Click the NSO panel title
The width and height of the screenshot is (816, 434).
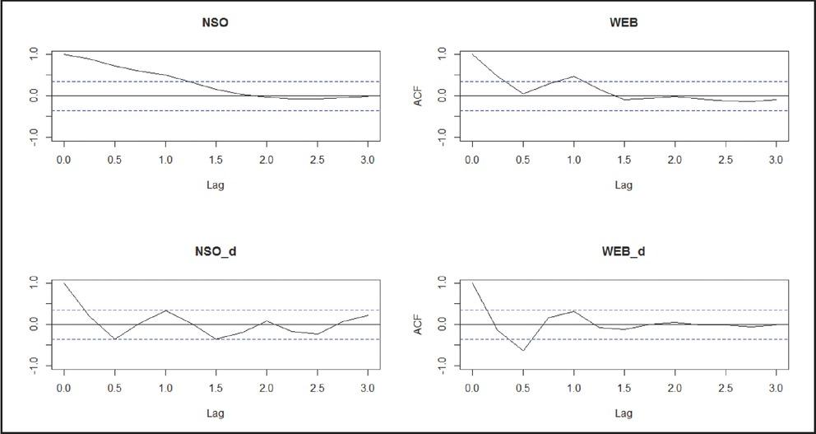pyautogui.click(x=215, y=23)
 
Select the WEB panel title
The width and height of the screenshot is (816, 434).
pyautogui.click(x=624, y=23)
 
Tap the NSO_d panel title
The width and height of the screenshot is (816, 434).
pyautogui.click(x=215, y=253)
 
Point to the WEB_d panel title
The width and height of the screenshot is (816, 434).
pyautogui.click(x=624, y=253)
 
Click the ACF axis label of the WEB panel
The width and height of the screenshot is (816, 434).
pyautogui.click(x=418, y=96)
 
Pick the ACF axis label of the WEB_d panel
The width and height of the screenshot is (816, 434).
pyautogui.click(x=418, y=324)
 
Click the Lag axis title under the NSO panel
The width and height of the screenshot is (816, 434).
pyautogui.click(x=215, y=185)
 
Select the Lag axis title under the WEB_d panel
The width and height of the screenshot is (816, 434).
pyautogui.click(x=624, y=414)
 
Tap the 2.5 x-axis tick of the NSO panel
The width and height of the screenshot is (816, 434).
pyautogui.click(x=318, y=160)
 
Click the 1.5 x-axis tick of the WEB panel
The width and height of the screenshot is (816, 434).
pyautogui.click(x=624, y=160)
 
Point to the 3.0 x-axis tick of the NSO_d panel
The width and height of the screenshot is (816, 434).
pyautogui.click(x=368, y=389)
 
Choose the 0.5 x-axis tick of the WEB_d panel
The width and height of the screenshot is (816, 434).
pyautogui.click(x=522, y=389)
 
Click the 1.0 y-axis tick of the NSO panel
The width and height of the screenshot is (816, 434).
pyautogui.click(x=35, y=54)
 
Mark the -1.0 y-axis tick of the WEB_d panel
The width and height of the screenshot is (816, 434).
pyautogui.click(x=443, y=365)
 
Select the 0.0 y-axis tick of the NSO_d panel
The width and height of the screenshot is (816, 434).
pyautogui.click(x=35, y=324)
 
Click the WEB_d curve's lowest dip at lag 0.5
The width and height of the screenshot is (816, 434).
pyautogui.click(x=522, y=351)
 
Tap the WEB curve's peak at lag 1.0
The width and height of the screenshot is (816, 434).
pyautogui.click(x=573, y=76)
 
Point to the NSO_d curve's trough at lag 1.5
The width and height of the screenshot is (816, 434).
pyautogui.click(x=216, y=339)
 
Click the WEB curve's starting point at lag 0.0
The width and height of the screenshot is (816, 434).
pyautogui.click(x=472, y=54)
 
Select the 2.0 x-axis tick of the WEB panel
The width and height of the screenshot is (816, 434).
pyautogui.click(x=675, y=160)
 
